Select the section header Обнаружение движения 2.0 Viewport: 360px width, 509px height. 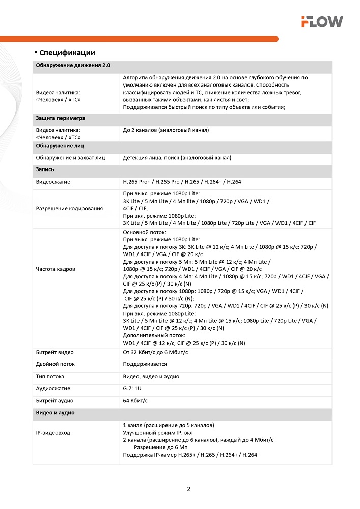click(x=73, y=66)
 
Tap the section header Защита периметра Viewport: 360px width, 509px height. click(x=60, y=118)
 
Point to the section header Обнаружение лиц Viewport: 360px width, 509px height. click(x=60, y=146)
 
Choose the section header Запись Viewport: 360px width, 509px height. click(x=45, y=169)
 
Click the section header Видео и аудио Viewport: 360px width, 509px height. click(x=55, y=413)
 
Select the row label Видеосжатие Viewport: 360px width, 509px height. click(x=53, y=182)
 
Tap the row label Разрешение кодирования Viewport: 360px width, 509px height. click(x=69, y=208)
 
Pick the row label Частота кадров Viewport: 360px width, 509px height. click(x=56, y=269)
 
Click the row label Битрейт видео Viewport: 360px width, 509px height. click(x=54, y=352)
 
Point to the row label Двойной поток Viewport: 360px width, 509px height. click(x=55, y=364)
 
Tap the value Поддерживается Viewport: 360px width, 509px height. click(x=145, y=364)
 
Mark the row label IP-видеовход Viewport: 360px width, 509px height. click(x=53, y=433)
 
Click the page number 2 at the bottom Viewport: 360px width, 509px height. click(x=188, y=489)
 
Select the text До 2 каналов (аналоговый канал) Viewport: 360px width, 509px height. click(x=165, y=130)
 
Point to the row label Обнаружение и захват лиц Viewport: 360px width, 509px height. click(x=70, y=158)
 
